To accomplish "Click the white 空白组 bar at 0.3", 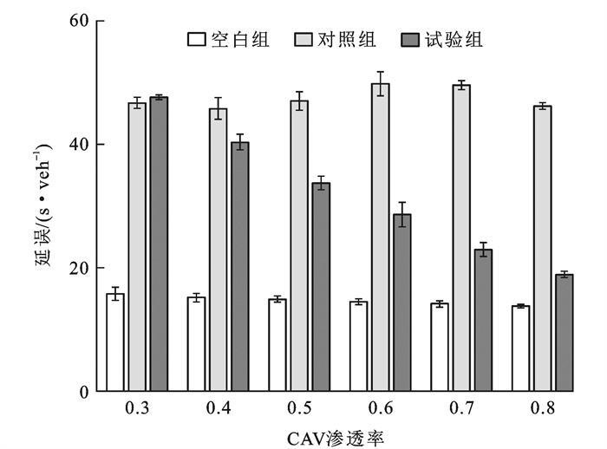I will click(115, 342).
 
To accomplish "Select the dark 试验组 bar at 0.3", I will click(159, 244).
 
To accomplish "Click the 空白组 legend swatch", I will click(196, 40).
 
